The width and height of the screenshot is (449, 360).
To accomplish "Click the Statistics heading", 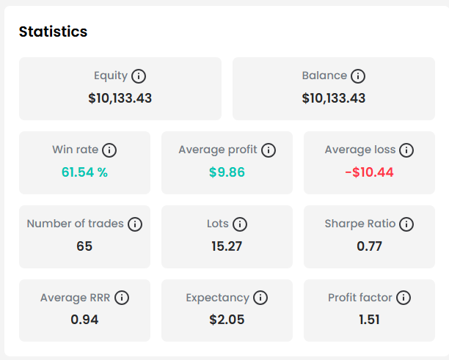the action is tap(53, 32).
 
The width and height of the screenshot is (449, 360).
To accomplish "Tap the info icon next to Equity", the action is tap(139, 76).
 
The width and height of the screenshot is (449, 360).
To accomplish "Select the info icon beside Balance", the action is tap(358, 76).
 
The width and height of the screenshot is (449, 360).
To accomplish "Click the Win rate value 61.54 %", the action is tap(84, 172).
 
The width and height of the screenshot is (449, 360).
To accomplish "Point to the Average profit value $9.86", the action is tap(227, 172).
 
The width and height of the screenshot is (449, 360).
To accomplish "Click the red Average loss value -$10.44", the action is tap(369, 172).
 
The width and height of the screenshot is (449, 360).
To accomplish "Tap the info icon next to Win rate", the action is tap(109, 150).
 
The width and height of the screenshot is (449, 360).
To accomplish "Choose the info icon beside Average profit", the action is tap(269, 150).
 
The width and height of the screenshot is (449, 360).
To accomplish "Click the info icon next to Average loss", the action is tap(406, 150).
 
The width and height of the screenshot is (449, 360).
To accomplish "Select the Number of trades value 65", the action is tap(84, 246).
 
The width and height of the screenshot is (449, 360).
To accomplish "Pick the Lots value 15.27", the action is tap(227, 246).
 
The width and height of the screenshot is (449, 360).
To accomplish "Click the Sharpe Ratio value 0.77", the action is tap(369, 246).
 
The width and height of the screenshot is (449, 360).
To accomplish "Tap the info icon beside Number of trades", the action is tap(135, 224).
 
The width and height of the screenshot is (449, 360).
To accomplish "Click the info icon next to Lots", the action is tap(240, 224).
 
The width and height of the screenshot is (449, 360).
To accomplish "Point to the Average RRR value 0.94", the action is tap(84, 320).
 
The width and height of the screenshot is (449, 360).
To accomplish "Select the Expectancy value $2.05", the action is tap(227, 320).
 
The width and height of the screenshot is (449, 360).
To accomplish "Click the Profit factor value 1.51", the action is tap(369, 320).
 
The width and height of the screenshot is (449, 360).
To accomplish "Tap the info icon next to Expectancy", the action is tap(260, 298).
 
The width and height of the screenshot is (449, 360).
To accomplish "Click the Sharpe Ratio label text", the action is tap(360, 224).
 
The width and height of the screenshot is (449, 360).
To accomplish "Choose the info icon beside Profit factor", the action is tap(404, 298).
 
